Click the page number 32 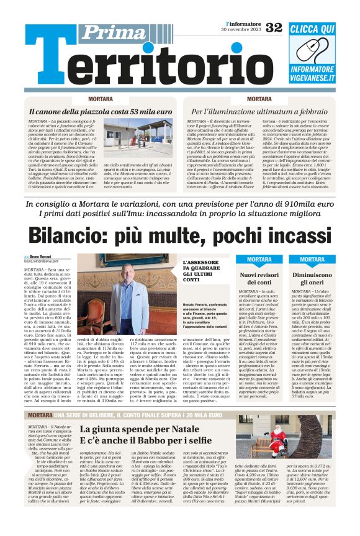[274, 27]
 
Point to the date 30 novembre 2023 [239, 30]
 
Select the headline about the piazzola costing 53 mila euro [92, 112]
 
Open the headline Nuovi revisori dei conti [259, 278]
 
